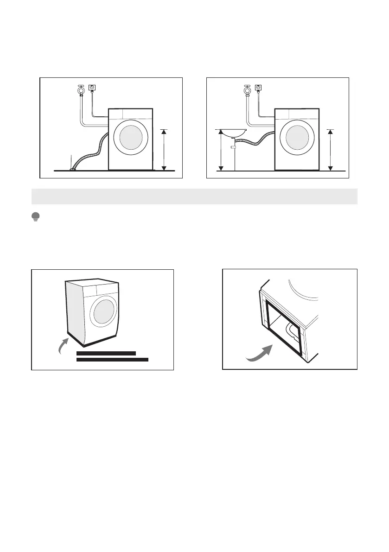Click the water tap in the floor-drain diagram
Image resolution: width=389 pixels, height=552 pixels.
click(81, 89)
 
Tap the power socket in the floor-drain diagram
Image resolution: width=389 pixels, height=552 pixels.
click(92, 87)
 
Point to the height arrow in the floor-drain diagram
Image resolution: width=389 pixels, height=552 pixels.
click(164, 150)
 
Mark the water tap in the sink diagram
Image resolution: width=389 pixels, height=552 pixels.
click(247, 89)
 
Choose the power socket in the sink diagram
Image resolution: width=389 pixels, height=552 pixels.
click(258, 87)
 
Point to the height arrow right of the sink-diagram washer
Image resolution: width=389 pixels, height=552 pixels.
click(330, 150)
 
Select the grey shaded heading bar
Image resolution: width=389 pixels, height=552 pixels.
click(194, 197)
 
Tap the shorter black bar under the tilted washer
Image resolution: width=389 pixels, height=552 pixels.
click(106, 353)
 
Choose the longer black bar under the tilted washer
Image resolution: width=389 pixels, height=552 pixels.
click(112, 359)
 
